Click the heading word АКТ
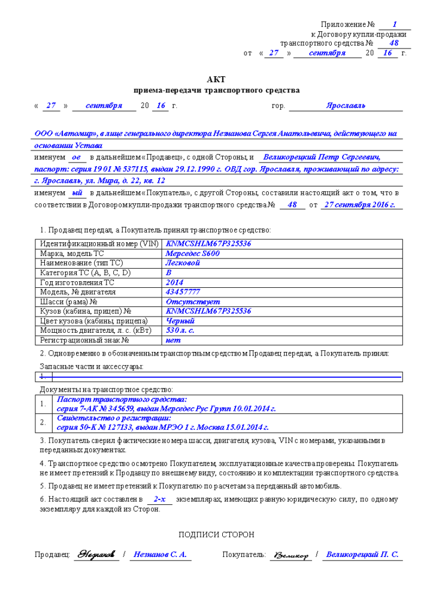coord(216,79)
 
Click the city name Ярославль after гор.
coord(346,106)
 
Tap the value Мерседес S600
coord(192,254)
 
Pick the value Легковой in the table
coord(183,263)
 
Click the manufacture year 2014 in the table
coord(174,282)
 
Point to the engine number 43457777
coord(183,292)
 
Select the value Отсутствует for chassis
coord(189,302)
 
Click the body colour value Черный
coord(180,321)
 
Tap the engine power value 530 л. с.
coord(180,330)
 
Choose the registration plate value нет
coord(173,340)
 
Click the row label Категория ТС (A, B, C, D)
coord(85,273)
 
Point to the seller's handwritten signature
coord(96,555)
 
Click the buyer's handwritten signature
coord(290,556)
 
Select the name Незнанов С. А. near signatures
coord(160,555)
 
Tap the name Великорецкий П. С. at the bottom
coord(362,555)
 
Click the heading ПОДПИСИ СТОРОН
coord(216,534)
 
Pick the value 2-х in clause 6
coord(159,499)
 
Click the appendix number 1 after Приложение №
coord(394,25)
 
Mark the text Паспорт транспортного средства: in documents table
coord(122,399)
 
